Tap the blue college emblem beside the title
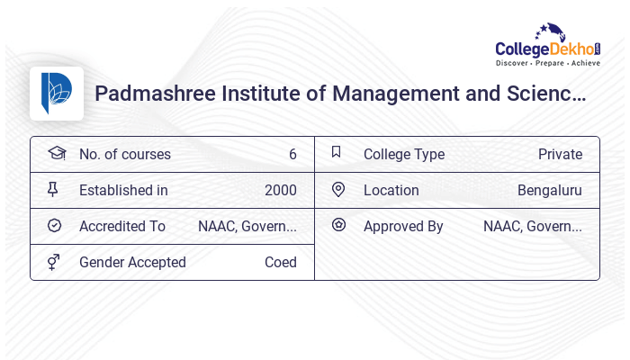point(57,93)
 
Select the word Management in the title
point(393,94)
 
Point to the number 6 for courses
point(292,154)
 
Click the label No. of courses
point(124,154)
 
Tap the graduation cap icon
point(56,153)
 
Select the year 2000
point(280,190)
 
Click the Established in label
point(123,190)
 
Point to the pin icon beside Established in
point(53,189)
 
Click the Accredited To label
point(122,226)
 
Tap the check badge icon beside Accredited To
point(54,226)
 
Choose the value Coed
point(280,262)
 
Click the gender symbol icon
point(54,262)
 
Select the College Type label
point(404,154)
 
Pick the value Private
point(560,154)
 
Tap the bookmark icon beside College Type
point(336,152)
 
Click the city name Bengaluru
point(549,190)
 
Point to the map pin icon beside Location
point(337,189)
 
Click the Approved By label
point(403,226)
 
